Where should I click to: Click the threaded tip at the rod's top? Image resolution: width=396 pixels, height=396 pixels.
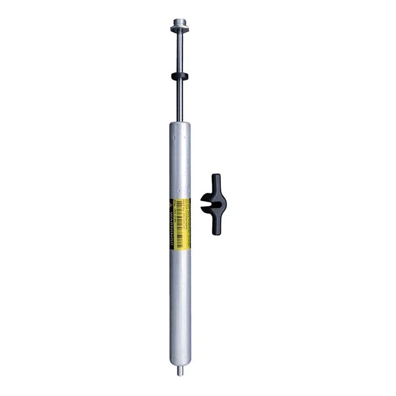180,22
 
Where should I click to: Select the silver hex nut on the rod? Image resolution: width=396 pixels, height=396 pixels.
180,29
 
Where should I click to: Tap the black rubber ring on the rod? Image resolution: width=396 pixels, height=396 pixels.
180,76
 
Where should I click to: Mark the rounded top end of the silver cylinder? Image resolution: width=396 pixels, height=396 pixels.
180,126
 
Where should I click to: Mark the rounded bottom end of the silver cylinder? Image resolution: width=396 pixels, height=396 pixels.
180,363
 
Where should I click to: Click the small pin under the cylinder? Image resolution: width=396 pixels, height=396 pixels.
180,372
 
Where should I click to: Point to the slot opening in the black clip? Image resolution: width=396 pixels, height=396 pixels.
207,204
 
